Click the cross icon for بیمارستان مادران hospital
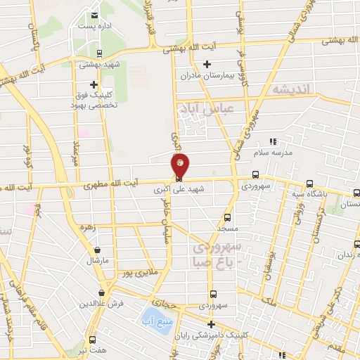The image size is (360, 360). [x=206, y=65]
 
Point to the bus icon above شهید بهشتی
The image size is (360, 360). [x=98, y=53]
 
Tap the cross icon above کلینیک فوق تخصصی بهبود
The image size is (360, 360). [x=94, y=84]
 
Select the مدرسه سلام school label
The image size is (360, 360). [x=281, y=152]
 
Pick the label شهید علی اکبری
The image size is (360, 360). [x=173, y=190]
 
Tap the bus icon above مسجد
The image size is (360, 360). [x=226, y=217]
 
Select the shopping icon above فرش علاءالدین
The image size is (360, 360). [x=102, y=292]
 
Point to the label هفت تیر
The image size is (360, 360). [x=92, y=350]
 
